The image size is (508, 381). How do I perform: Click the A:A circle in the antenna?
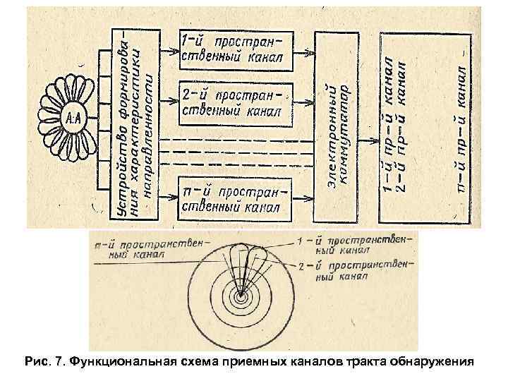coord(73,115)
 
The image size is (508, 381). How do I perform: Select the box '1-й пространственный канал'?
coord(234,49)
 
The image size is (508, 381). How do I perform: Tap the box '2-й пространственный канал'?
coord(234,103)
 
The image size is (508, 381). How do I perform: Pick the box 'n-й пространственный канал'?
coord(234,199)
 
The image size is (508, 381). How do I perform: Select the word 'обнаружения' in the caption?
coord(435,363)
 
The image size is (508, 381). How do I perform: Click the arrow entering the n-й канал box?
coord(169,198)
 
